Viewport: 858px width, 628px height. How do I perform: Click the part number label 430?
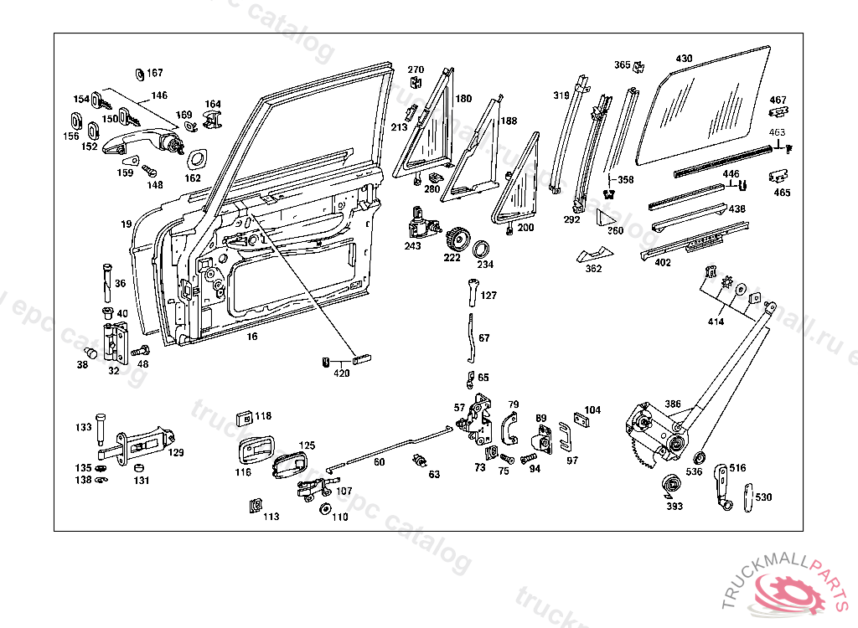tap(685, 59)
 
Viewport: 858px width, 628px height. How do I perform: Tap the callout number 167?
tap(156, 73)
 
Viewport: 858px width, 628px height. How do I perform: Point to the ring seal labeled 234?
tap(483, 250)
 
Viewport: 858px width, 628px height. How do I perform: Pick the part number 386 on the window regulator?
tap(673, 404)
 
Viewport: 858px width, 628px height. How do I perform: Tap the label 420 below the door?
tap(342, 373)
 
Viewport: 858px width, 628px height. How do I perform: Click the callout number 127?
tap(488, 296)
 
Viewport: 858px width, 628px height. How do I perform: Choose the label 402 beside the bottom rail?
tap(662, 263)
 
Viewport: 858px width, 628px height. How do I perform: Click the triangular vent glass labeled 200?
tap(519, 188)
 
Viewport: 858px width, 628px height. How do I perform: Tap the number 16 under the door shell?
tap(251, 337)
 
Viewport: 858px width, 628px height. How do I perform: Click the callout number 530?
tap(763, 497)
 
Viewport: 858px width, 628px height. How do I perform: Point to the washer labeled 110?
tap(323, 510)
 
